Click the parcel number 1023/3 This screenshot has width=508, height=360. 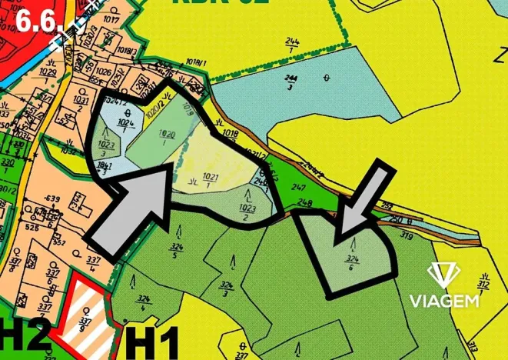(x=107, y=147)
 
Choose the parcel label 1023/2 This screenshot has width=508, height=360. (x=247, y=211)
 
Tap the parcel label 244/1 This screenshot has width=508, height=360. (x=292, y=43)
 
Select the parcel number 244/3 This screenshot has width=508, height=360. (x=291, y=82)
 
